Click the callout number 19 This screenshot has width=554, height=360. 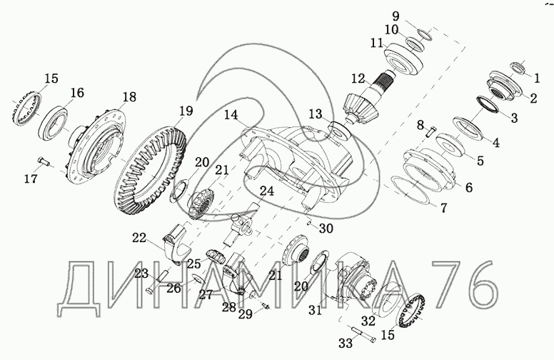(186, 111)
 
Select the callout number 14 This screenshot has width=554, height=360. (231, 115)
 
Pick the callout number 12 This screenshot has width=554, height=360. (358, 78)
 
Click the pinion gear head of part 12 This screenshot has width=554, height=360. (361, 107)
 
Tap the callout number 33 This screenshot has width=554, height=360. (346, 343)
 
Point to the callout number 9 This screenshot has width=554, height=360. (396, 16)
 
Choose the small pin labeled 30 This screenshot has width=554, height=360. (310, 223)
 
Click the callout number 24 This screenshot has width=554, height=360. (267, 191)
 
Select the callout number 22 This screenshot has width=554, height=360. (139, 238)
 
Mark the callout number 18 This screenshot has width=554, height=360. (129, 96)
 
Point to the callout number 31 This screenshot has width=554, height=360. (315, 310)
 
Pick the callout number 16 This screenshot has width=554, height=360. (77, 93)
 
